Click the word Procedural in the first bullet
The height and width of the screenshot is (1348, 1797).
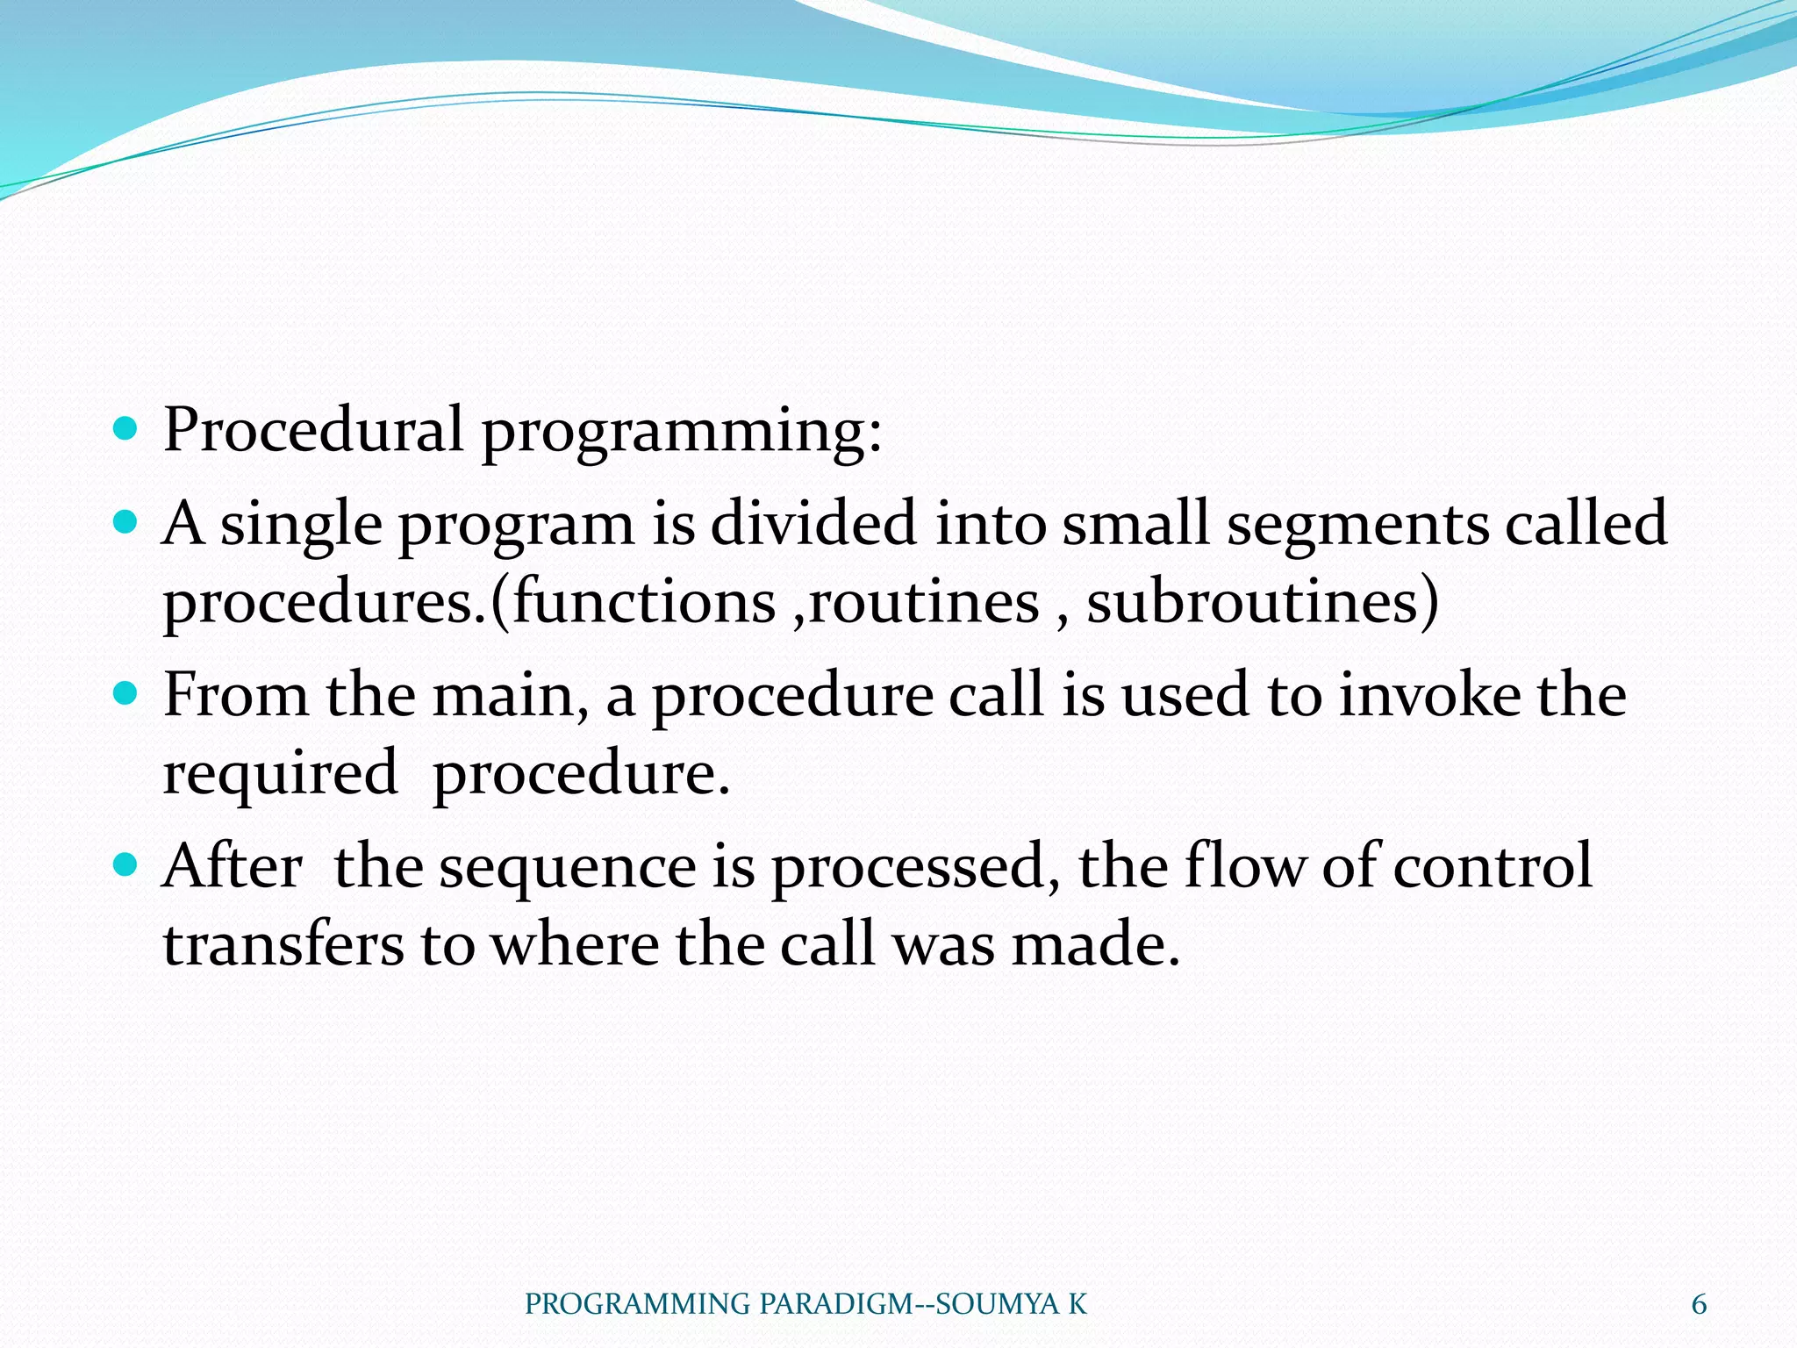pyautogui.click(x=313, y=431)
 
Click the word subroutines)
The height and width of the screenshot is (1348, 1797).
pyautogui.click(x=1263, y=602)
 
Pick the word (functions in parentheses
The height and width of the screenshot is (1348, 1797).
pyautogui.click(x=633, y=602)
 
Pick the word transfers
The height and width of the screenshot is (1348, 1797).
pyautogui.click(x=283, y=945)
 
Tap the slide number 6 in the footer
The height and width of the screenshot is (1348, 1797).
pyautogui.click(x=1699, y=1305)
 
